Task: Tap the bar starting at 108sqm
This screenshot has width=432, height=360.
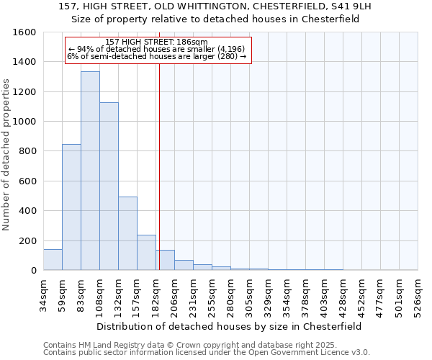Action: pyautogui.click(x=109, y=186)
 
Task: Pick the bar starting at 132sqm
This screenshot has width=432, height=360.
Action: pyautogui.click(x=127, y=233)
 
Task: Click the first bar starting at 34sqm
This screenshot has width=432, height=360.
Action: pyautogui.click(x=53, y=259)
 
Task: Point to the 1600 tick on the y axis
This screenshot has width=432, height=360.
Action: pyautogui.click(x=24, y=32)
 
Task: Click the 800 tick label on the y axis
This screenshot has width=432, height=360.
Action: pyautogui.click(x=27, y=151)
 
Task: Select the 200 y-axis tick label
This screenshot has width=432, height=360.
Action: pyautogui.click(x=27, y=240)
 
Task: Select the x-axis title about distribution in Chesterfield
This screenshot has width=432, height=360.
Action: pyautogui.click(x=228, y=326)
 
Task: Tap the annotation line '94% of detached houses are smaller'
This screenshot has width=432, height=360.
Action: pyautogui.click(x=158, y=49)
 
